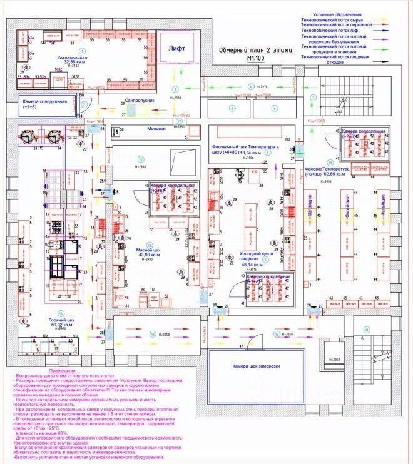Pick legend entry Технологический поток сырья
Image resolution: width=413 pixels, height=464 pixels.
point(335,21)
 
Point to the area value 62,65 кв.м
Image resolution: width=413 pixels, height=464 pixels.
point(342,176)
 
